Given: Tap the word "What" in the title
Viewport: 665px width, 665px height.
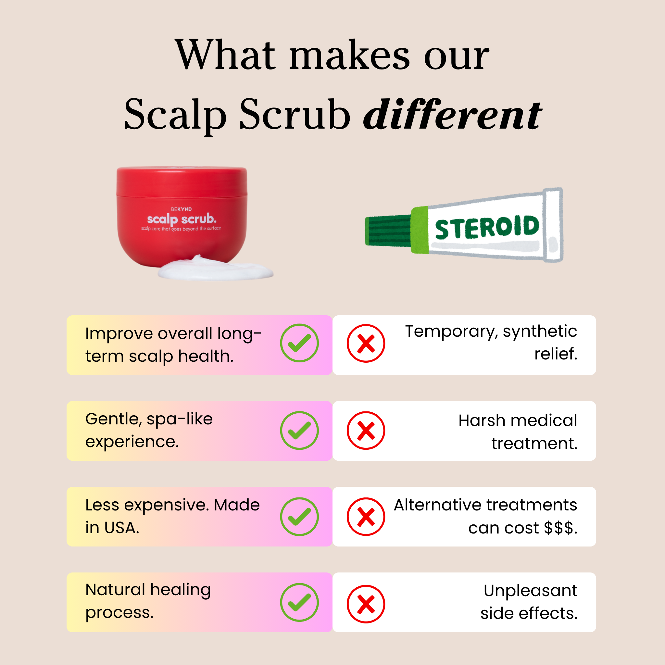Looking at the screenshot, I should click(x=225, y=55).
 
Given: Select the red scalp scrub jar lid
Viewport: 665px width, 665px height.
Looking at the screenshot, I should click(x=182, y=181).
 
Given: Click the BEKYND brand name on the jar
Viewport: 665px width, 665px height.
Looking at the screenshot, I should click(x=182, y=209).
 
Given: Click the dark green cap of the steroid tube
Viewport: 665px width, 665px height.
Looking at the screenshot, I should click(x=388, y=230).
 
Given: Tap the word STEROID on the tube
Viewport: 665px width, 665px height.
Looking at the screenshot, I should click(x=487, y=227).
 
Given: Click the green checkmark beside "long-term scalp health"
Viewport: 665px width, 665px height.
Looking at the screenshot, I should click(x=299, y=343).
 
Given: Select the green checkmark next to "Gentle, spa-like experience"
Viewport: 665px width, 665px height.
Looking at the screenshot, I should click(x=299, y=430).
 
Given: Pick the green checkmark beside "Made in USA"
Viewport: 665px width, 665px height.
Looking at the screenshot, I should click(x=299, y=516).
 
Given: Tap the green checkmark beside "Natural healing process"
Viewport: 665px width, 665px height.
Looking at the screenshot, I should click(x=299, y=602).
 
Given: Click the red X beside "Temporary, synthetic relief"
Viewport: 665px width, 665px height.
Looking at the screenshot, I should click(x=366, y=343).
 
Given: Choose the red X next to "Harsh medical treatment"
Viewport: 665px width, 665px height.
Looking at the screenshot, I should click(x=366, y=430).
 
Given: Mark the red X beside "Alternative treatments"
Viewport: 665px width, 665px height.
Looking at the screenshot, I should click(x=366, y=516).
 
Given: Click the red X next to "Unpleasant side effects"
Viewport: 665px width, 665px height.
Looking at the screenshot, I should click(x=366, y=604).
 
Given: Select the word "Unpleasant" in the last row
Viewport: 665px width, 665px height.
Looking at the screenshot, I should click(x=530, y=591).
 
